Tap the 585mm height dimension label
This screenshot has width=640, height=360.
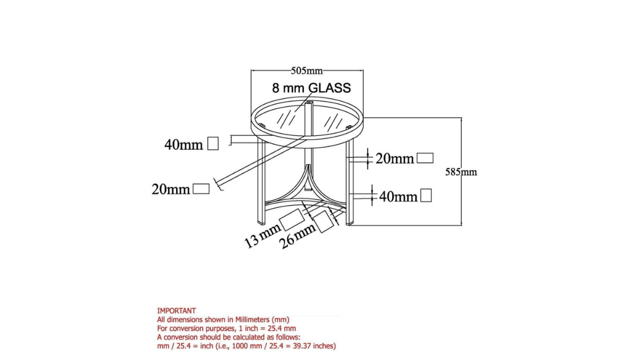click(461, 172)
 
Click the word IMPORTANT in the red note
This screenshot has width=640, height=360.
click(177, 310)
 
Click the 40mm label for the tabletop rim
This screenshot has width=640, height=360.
click(183, 145)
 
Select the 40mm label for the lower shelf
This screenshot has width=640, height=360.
click(398, 197)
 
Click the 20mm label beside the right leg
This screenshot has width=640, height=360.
click(395, 158)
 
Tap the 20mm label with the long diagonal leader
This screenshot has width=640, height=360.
click(171, 189)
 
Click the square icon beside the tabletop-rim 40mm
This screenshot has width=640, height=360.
click(213, 143)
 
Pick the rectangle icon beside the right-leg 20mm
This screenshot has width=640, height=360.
click(425, 158)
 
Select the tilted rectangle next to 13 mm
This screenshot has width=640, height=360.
click(291, 220)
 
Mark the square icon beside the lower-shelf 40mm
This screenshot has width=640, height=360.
click(426, 196)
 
